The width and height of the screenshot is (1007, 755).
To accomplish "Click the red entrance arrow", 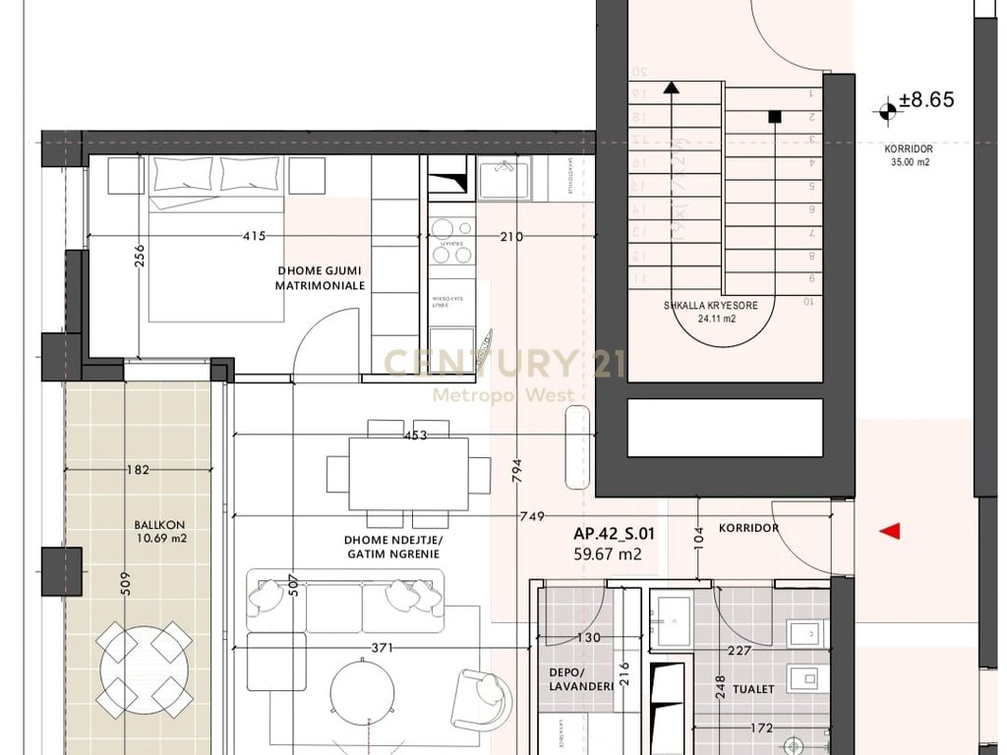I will (x=890, y=532).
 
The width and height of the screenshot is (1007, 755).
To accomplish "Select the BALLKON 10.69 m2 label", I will (x=160, y=532).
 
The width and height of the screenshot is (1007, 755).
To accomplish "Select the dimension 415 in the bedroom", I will (x=255, y=236).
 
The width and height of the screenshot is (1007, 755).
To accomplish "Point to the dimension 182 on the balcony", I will (x=138, y=470).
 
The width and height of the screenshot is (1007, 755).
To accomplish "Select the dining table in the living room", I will (x=407, y=473).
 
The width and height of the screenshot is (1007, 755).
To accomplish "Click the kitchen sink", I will (x=503, y=178).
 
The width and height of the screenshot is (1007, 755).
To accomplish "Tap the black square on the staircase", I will (x=775, y=117).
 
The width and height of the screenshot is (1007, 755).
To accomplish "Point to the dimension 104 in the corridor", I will (x=698, y=536).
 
